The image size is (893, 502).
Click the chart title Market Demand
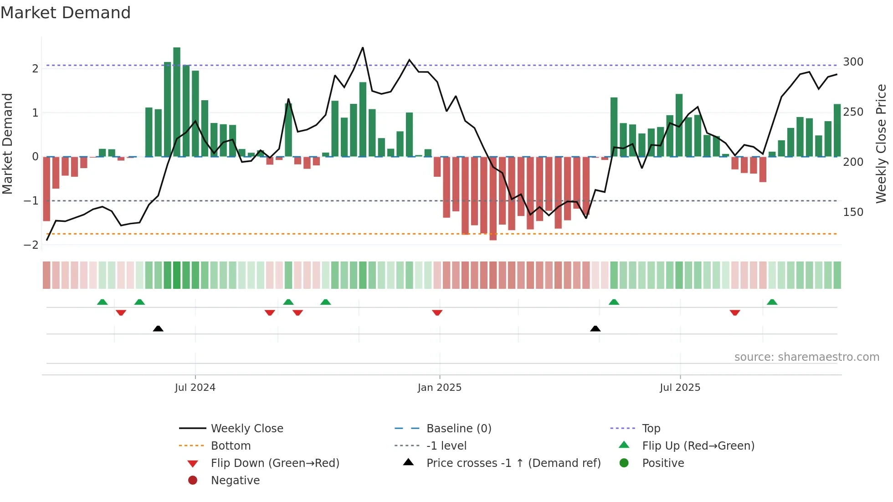pos(66,13)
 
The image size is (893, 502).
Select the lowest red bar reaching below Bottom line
pos(493,199)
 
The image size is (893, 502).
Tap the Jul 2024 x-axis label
pos(195,388)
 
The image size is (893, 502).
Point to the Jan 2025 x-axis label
pos(440,388)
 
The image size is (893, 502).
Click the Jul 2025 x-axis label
pos(680,388)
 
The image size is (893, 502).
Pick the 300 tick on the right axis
pos(853,62)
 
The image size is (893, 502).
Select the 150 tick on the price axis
pos(853,212)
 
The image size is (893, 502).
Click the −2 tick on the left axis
pos(31,245)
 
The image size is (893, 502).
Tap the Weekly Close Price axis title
pos(881,143)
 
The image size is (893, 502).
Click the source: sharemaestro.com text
pos(806,357)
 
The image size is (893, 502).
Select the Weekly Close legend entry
pos(247,429)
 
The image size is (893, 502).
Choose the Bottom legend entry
pos(231,446)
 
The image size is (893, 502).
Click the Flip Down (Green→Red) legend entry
pos(275,463)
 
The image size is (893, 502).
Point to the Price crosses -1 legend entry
pos(513,463)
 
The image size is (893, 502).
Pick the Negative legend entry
pos(235,481)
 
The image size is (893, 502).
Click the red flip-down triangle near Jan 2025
pos(437,312)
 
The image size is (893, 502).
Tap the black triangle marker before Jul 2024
pos(158,328)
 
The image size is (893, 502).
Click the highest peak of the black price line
pos(363,48)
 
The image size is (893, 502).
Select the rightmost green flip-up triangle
pos(772,302)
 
